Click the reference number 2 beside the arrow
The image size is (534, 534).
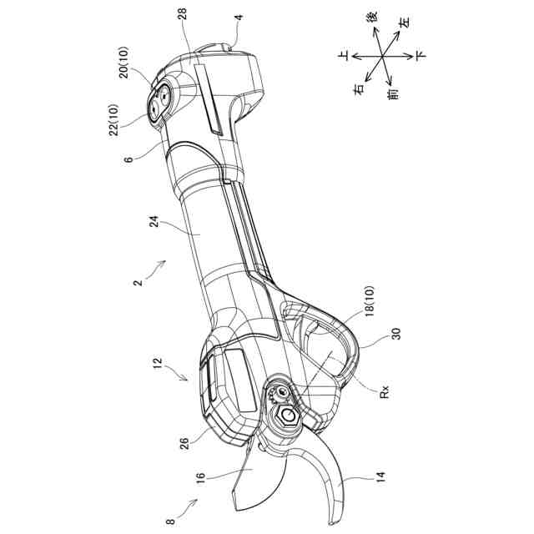138,283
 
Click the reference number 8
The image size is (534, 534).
171,521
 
